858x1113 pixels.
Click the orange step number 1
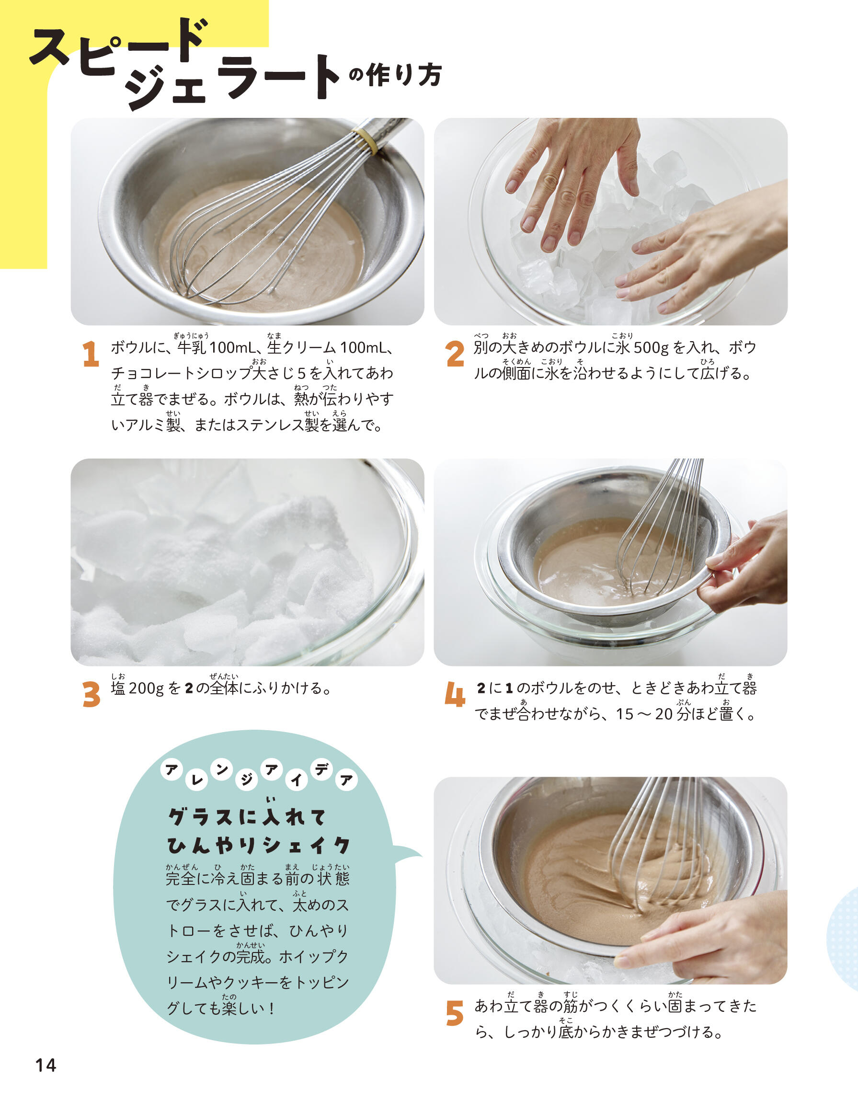(x=91, y=354)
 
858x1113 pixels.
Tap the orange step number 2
(x=455, y=354)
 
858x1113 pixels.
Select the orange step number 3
(x=92, y=694)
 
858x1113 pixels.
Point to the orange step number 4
(x=455, y=694)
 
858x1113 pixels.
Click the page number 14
(x=46, y=1065)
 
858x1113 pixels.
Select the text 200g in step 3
(x=146, y=688)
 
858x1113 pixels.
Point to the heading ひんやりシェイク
(x=259, y=846)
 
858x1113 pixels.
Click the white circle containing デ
(x=321, y=770)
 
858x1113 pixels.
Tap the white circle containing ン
(x=221, y=770)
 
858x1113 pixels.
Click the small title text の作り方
(x=395, y=75)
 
